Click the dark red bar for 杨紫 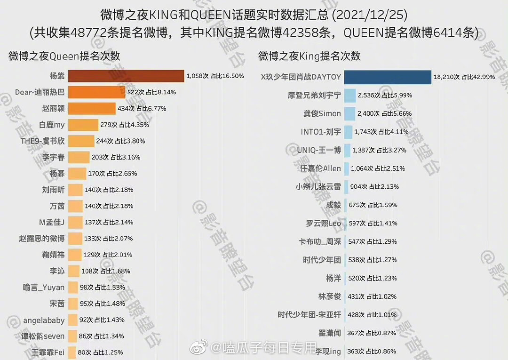coord(126,76)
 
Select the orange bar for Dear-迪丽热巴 coord(96,92)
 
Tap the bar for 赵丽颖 coord(91,109)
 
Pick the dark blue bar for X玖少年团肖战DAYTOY coord(388,77)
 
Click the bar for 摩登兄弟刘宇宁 coord(350,96)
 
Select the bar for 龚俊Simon coord(349,113)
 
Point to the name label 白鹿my coord(52,125)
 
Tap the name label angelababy coord(44,320)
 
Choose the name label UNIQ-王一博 coord(319,150)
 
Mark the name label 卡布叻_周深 coord(319,241)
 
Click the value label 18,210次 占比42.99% coord(464,77)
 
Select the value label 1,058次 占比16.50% coord(215,76)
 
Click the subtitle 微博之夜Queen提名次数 coord(64,56)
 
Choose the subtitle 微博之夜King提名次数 coord(309,56)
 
